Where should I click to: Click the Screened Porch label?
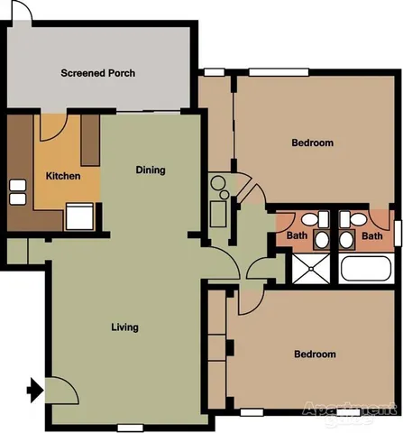97,73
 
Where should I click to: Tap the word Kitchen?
62,176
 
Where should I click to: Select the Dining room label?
151,170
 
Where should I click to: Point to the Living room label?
124,327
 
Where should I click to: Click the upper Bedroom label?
313,143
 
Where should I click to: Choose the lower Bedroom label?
315,355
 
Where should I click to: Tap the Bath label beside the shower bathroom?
296,236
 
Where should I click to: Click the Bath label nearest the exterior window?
371,236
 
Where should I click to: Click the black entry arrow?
34,391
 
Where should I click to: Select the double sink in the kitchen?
17,191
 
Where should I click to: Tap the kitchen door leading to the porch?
51,126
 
